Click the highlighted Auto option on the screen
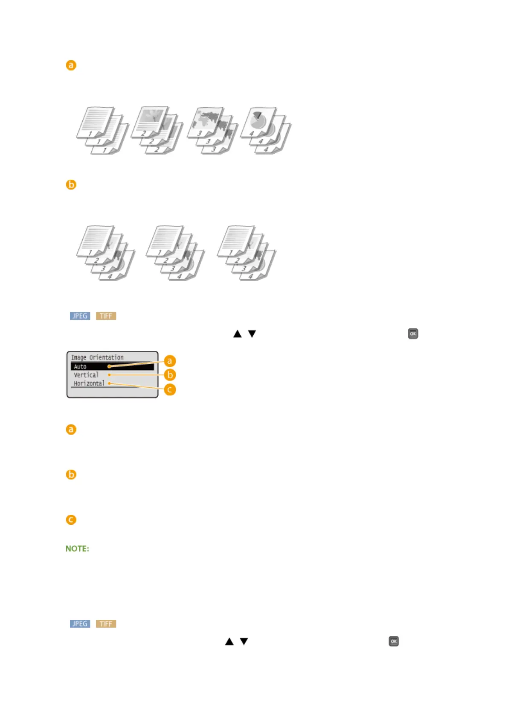point(80,367)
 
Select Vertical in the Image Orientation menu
point(86,375)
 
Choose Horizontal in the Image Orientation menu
point(89,383)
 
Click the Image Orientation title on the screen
point(97,357)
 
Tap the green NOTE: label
point(77,549)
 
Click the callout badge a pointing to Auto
point(170,361)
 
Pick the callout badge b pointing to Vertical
point(170,375)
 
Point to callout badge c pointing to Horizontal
point(170,389)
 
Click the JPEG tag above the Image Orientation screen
point(80,316)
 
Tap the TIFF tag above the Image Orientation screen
point(106,316)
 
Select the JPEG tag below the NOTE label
point(80,624)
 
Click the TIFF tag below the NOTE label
point(106,624)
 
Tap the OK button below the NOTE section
point(394,641)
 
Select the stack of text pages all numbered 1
point(102,130)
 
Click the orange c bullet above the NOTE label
point(71,520)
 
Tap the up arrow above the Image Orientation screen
point(238,334)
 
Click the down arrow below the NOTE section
point(244,641)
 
